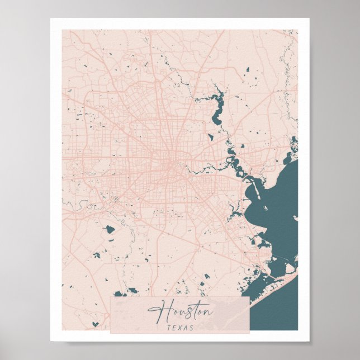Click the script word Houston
(x=179, y=311)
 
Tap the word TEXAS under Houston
(x=179, y=328)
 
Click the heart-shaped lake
(x=96, y=323)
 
